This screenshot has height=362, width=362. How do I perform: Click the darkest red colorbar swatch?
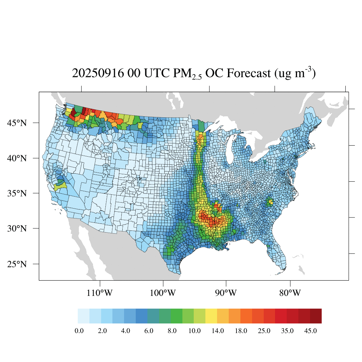click(316, 316)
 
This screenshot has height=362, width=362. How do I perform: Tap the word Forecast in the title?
click(249, 74)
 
